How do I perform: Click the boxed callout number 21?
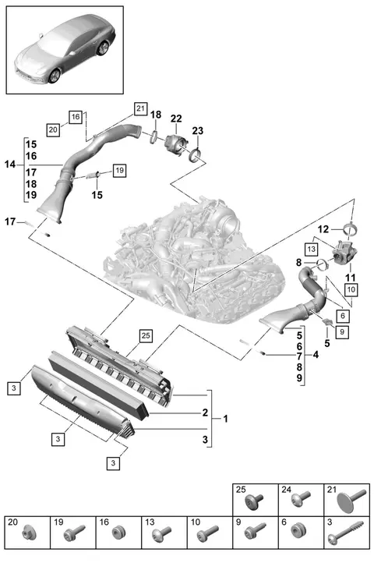tap(140, 108)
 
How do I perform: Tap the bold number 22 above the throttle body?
tap(176, 119)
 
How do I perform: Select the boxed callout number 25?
tap(146, 336)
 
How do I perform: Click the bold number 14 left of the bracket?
tap(10, 165)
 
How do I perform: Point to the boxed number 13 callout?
tap(311, 249)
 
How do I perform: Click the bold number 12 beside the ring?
tap(323, 229)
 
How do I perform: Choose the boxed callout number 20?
tap(53, 129)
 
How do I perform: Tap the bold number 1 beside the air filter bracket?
tap(225, 419)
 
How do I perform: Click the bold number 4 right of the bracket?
tap(315, 355)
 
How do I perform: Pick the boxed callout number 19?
tap(119, 170)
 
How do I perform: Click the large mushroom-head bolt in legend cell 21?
tap(351, 500)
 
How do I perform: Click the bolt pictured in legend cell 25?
tap(254, 501)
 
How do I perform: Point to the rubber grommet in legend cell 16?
tap(118, 533)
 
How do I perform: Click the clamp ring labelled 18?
tap(154, 136)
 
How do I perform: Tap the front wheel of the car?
tap(55, 76)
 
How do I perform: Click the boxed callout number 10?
tap(351, 289)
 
